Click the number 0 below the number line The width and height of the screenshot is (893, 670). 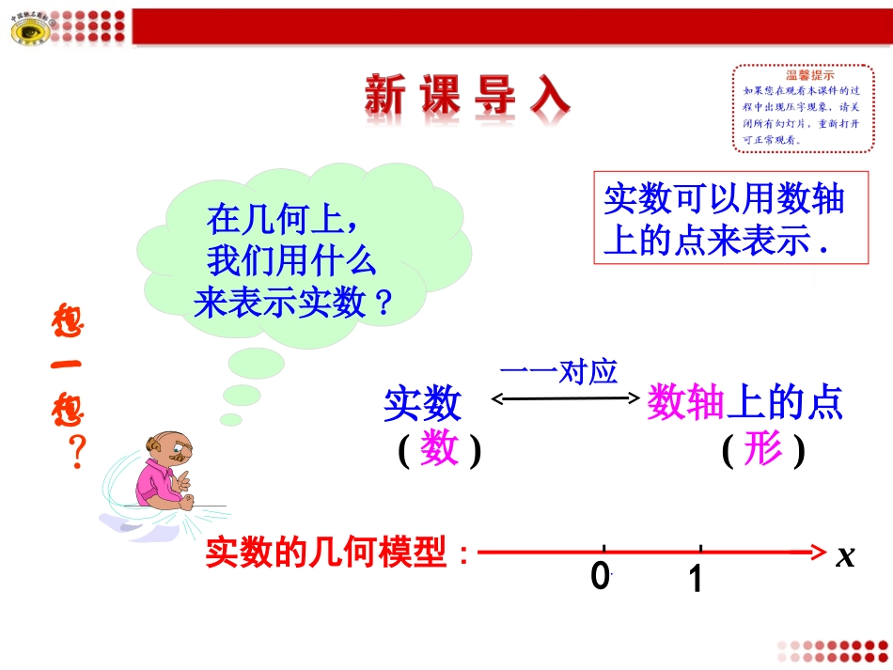[x=601, y=575]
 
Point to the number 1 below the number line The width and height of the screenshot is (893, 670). [x=695, y=579]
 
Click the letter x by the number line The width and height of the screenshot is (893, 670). [x=845, y=556]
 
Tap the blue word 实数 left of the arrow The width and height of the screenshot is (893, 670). [x=423, y=404]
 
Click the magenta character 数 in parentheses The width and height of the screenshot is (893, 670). [x=439, y=450]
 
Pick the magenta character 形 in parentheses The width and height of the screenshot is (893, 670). [x=762, y=451]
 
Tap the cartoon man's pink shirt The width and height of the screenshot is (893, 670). [x=155, y=485]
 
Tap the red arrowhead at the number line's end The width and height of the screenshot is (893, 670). [x=818, y=552]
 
